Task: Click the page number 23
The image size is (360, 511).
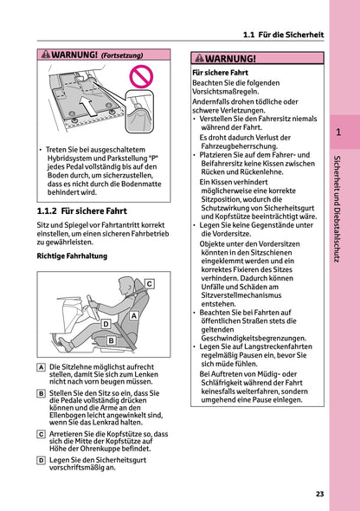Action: point(320,495)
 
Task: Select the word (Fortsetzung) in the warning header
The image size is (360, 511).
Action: point(125,55)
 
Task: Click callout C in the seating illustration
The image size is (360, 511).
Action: point(149,284)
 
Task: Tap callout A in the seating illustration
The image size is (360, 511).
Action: point(134,317)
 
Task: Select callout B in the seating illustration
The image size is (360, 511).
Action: point(111,341)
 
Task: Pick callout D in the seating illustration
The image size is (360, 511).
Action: point(106,324)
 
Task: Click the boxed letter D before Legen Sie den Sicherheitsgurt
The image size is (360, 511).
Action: point(42,460)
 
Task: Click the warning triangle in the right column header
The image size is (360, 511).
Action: point(198,58)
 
